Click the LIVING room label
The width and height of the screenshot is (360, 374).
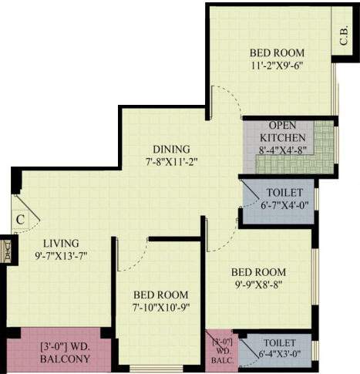tap(62, 241)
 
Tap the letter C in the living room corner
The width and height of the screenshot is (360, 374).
tap(21, 218)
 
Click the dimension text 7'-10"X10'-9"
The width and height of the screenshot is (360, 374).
tap(160, 308)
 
